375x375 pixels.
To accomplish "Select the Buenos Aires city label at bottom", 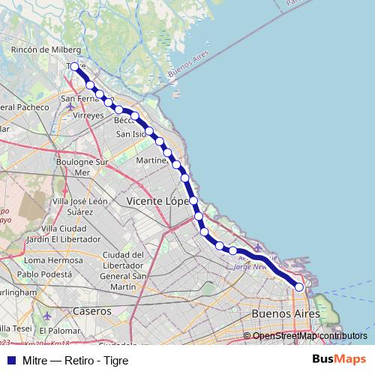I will pyautogui.click(x=286, y=312).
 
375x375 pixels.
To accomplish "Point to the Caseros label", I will pyautogui.click(x=91, y=310).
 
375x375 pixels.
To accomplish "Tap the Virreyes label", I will pyautogui.click(x=88, y=117).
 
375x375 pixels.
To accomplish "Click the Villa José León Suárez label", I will pyautogui.click(x=78, y=206).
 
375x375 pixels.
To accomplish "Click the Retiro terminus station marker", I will pyautogui.click(x=299, y=287).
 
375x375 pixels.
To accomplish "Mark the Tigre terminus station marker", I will pyautogui.click(x=73, y=67).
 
